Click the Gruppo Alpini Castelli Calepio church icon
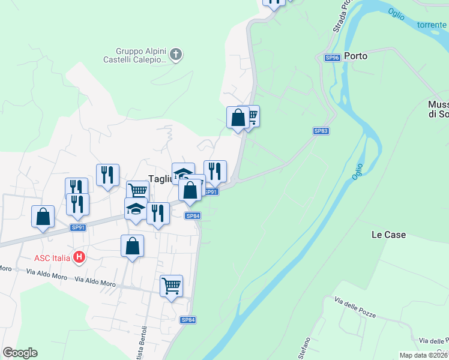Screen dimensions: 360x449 [x=175, y=55]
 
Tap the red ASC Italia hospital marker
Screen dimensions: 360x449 [x=79, y=258]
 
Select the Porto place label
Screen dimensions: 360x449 [x=355, y=56]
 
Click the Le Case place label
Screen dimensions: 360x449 [x=388, y=235]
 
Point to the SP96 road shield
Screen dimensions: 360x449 [x=333, y=58]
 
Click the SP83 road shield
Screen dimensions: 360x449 [x=321, y=130]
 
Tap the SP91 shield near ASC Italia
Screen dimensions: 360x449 [x=78, y=227]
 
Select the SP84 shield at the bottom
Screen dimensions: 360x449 [x=188, y=320]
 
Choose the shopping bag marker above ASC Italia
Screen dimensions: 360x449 [x=132, y=245]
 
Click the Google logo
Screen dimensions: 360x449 [x=20, y=353]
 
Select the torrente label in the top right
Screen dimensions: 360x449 [x=432, y=25]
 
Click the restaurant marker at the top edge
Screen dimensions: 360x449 [x=274, y=2]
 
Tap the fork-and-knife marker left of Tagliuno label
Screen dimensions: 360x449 [x=107, y=175]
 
